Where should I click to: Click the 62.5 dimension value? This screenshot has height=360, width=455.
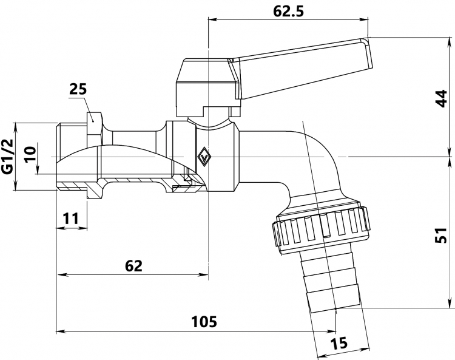pos(288,12)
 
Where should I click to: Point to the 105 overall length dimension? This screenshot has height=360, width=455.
pos(204,322)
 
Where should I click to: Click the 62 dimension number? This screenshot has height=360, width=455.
pos(134,266)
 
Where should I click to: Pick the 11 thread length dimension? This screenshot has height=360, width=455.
pos(71,219)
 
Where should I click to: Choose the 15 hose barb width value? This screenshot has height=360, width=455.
pos(339,343)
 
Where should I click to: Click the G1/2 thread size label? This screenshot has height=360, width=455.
pos(8,157)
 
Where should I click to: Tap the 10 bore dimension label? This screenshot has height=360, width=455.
pos(30,154)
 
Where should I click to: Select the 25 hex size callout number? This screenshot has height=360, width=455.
pos(78,89)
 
